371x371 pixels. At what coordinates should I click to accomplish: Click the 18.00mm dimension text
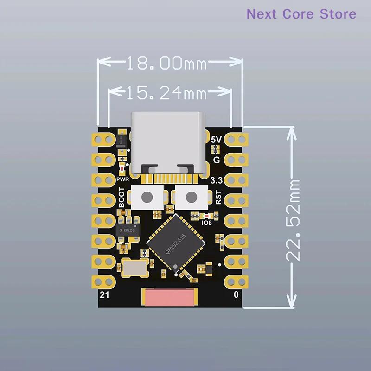click(x=167, y=63)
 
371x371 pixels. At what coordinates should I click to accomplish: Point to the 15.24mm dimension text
click(x=166, y=92)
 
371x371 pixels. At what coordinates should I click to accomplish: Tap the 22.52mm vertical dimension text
click(x=293, y=221)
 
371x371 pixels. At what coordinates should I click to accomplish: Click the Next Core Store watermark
click(x=301, y=14)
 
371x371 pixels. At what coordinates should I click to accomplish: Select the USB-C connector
click(x=168, y=143)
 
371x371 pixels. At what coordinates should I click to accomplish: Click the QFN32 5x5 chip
click(x=176, y=243)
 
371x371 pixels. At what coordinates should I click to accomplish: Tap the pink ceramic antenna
click(x=169, y=297)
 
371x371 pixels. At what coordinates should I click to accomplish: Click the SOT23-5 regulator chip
click(x=128, y=230)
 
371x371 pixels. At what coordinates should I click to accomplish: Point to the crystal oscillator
click(x=135, y=268)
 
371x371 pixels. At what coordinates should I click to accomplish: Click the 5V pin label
click(x=216, y=140)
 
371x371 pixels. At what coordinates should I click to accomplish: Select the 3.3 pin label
click(x=216, y=180)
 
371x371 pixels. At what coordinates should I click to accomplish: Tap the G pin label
click(x=217, y=160)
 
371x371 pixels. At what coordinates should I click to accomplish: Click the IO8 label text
click(x=206, y=223)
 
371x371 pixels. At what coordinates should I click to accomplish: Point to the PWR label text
click(x=123, y=179)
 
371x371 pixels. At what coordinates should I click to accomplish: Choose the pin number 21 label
click(x=104, y=295)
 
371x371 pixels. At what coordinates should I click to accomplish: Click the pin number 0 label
click(x=236, y=294)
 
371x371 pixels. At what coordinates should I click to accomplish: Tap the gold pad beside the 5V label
click(x=236, y=140)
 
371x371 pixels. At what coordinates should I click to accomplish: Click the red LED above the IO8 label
click(x=207, y=216)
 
